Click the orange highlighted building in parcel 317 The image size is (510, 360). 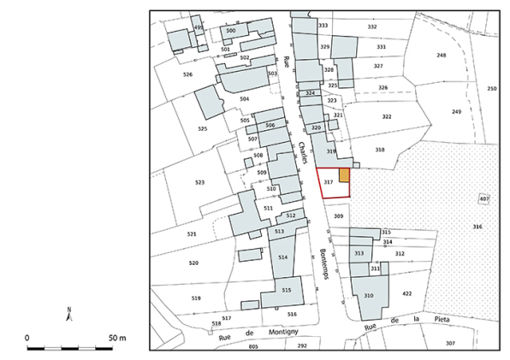pos(344,175)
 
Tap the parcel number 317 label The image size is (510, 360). pos(328,183)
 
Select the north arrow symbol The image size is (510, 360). pos(70,314)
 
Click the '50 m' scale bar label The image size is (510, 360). pos(116,338)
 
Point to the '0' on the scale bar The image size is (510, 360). pos(27,338)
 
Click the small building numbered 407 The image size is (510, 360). pos(484,199)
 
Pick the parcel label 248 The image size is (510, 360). pos(442,55)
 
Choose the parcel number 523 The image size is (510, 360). pos(199,182)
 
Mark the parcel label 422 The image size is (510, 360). pos(406,293)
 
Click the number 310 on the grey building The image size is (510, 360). pos(369,295)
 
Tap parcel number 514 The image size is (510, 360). pos(283,257)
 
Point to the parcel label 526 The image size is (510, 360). pos(187,74)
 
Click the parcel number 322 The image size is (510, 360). pos(386,116)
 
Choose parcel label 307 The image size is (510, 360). pos(450,343)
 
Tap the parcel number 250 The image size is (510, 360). pos(491,89)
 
